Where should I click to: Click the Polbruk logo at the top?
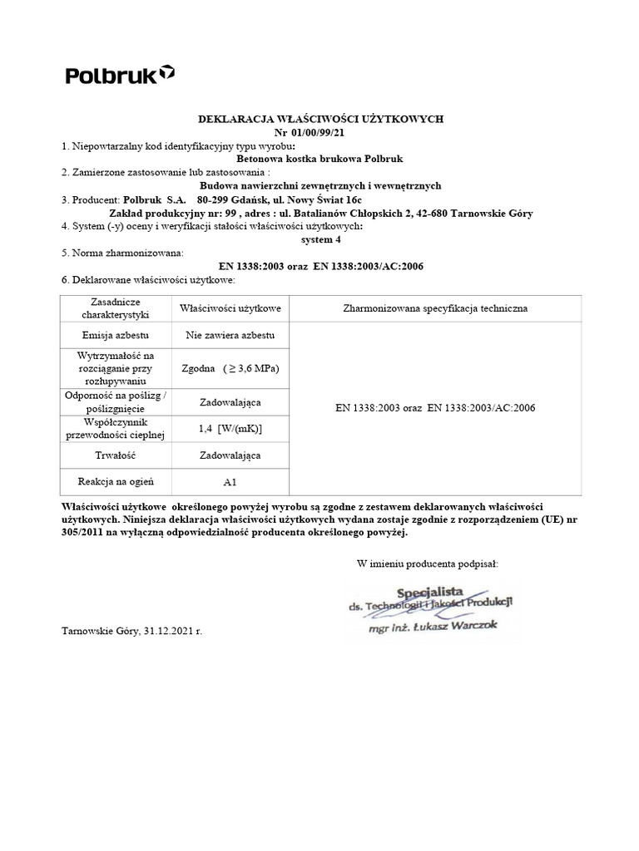pyautogui.click(x=120, y=76)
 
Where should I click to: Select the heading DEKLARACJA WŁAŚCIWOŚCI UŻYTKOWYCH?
pyautogui.click(x=319, y=120)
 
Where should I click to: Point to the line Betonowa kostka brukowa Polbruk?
pyautogui.click(x=319, y=160)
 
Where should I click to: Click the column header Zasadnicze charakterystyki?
pyautogui.click(x=115, y=309)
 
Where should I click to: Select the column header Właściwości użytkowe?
pyautogui.click(x=230, y=309)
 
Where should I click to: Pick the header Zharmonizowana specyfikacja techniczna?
pyautogui.click(x=435, y=309)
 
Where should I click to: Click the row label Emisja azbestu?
pyautogui.click(x=115, y=336)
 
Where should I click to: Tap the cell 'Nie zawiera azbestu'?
pyautogui.click(x=230, y=336)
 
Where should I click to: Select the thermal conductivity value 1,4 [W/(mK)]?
pyautogui.click(x=230, y=428)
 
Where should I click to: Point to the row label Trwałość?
pyautogui.click(x=115, y=455)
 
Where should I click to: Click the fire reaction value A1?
pyautogui.click(x=230, y=481)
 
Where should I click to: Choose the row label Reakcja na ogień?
pyautogui.click(x=115, y=481)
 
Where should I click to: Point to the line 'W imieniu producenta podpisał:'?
pyautogui.click(x=428, y=564)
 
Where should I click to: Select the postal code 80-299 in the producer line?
pyautogui.click(x=215, y=199)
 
